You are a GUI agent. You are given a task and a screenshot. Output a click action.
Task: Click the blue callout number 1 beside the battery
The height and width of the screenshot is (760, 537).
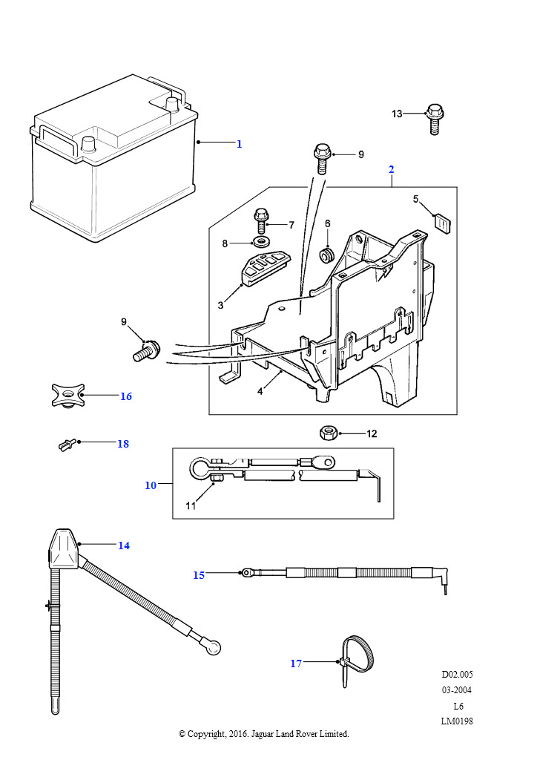[240, 144]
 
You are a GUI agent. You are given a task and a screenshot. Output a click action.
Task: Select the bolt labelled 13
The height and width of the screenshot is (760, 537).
[435, 119]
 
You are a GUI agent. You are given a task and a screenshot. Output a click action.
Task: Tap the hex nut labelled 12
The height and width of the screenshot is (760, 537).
[328, 433]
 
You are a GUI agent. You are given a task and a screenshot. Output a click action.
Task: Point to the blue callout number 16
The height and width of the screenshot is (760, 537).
[126, 396]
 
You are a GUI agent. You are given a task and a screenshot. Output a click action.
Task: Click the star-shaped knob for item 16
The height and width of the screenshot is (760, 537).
[68, 395]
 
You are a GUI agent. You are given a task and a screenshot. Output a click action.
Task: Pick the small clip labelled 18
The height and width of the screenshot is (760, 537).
[66, 444]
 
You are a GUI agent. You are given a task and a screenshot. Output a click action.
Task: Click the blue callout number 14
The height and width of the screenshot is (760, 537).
[124, 546]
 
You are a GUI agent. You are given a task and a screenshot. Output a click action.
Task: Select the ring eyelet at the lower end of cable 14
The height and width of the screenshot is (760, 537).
[213, 647]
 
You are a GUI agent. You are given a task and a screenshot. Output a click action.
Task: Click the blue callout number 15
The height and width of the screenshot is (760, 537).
[199, 575]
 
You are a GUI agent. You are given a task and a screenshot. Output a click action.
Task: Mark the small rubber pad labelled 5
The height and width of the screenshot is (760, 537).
[442, 224]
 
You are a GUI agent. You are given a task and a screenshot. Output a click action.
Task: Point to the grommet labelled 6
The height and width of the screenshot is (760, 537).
[328, 255]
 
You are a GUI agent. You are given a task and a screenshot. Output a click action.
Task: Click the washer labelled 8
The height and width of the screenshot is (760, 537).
[263, 241]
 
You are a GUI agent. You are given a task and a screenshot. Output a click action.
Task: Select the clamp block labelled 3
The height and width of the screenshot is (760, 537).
[264, 268]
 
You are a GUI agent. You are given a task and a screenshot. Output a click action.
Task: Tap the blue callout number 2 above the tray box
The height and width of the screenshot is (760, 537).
[391, 169]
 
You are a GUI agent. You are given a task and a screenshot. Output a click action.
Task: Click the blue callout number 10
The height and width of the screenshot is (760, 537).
[151, 485]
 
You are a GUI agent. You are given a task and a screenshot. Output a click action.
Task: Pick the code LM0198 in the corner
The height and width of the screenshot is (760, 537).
[457, 721]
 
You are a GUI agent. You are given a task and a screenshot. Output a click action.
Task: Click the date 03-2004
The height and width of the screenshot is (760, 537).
[457, 689]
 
